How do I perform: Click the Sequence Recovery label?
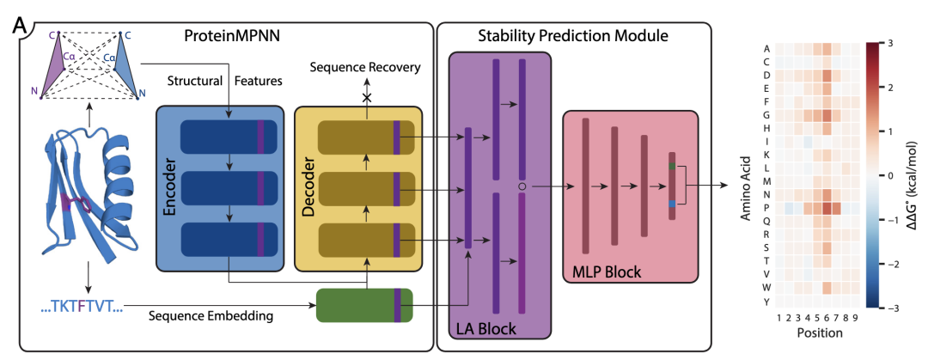(x=365, y=66)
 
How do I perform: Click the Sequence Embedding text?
(x=212, y=315)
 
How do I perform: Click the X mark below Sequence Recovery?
(x=366, y=98)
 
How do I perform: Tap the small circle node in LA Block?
(x=521, y=186)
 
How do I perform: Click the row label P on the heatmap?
(x=766, y=207)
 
